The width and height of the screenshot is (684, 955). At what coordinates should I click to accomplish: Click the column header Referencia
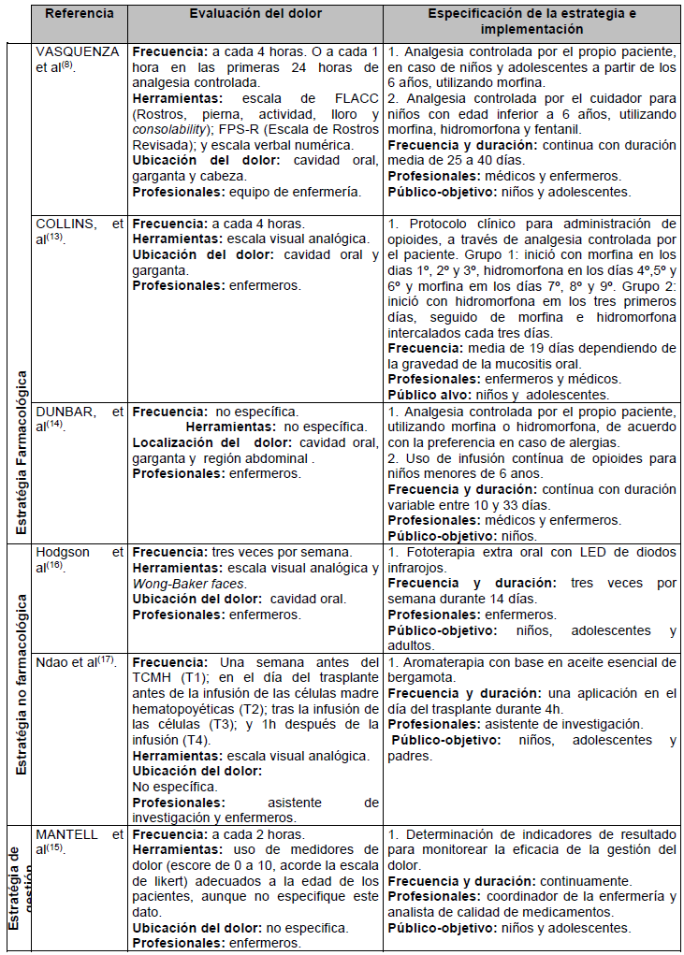pyautogui.click(x=80, y=14)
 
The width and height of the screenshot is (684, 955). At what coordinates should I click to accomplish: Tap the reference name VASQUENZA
pyautogui.click(x=77, y=52)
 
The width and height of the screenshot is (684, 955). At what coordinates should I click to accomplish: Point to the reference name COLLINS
pyautogui.click(x=65, y=224)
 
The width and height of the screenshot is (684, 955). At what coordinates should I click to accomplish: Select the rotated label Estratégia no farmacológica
pyautogui.click(x=20, y=681)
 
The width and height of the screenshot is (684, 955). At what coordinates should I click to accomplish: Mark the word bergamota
pyautogui.click(x=421, y=676)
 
